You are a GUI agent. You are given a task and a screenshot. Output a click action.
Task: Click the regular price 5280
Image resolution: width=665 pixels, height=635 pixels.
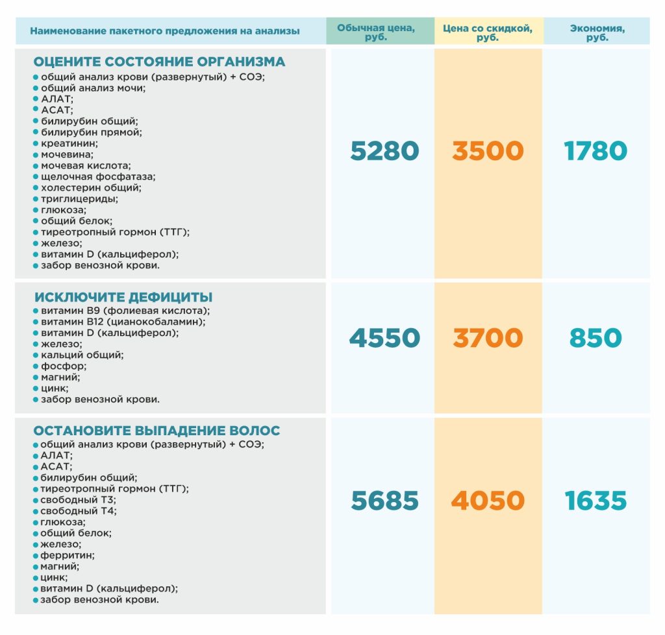[x=384, y=151]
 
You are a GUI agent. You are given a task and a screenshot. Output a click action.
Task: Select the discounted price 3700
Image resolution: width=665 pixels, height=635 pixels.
[x=488, y=338]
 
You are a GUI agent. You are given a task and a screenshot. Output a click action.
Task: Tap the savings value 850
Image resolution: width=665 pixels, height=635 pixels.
[x=596, y=338]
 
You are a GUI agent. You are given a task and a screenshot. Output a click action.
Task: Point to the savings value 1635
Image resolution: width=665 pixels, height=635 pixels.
[x=596, y=501]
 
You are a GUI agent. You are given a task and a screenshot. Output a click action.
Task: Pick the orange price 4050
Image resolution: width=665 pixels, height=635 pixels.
[x=488, y=501]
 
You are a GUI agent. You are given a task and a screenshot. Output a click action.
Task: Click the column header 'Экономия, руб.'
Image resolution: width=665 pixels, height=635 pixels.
[x=597, y=32]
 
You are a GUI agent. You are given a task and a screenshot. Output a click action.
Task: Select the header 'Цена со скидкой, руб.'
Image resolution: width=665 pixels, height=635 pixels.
[x=488, y=32]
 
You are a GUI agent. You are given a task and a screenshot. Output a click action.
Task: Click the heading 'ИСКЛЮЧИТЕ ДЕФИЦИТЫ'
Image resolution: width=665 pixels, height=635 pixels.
[x=123, y=297]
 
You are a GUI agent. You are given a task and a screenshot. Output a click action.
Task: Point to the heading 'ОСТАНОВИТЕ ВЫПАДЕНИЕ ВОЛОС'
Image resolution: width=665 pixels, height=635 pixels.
[x=157, y=431]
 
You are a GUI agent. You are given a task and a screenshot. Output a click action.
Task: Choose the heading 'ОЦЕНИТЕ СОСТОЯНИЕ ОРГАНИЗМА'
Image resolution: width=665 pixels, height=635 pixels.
[x=159, y=62]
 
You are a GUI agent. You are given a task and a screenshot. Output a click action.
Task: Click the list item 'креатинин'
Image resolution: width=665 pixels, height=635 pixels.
[x=69, y=143]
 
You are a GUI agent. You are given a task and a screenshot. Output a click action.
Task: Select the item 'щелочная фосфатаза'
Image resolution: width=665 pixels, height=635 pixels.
[x=98, y=176]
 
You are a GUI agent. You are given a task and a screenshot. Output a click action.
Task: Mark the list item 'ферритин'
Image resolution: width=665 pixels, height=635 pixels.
[x=68, y=555]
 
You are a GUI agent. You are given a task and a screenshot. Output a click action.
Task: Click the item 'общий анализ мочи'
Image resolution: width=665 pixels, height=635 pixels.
[x=93, y=88]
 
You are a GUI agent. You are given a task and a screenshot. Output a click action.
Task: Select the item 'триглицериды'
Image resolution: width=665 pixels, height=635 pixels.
[x=79, y=198]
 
